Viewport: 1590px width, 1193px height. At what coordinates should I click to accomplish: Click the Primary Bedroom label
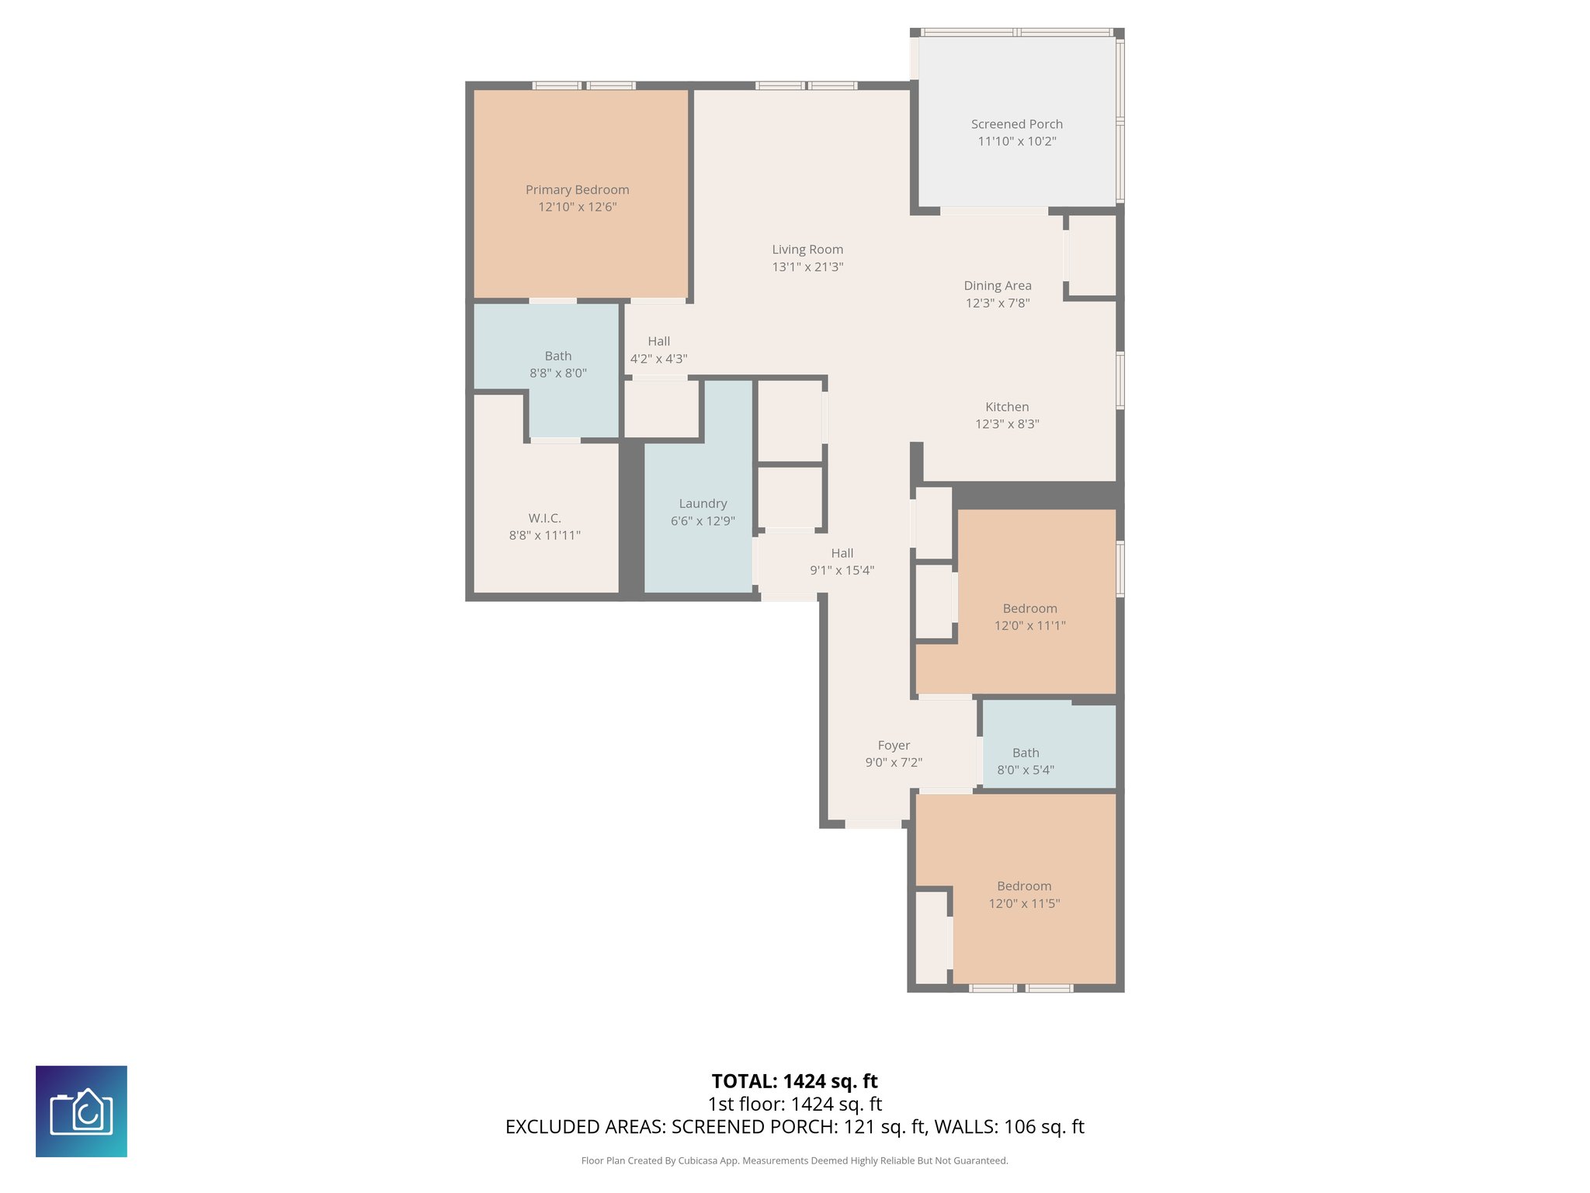577,190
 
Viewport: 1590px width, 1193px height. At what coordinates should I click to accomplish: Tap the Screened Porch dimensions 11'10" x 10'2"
1016,141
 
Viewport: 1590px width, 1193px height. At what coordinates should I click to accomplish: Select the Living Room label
807,249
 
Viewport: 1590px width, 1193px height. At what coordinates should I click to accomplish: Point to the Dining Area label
997,286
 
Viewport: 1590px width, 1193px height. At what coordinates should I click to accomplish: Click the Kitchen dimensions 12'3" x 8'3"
1006,424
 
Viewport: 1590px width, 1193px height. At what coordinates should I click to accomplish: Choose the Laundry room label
703,503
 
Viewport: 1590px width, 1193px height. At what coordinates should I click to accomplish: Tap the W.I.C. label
544,518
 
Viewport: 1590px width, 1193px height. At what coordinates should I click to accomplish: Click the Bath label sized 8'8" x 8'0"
557,356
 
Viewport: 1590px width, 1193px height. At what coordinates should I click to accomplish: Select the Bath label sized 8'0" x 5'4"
1025,753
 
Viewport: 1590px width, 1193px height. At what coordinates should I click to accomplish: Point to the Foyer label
893,745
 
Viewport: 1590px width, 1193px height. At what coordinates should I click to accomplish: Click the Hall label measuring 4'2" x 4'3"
658,341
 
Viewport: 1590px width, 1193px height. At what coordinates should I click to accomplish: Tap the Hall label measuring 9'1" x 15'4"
842,553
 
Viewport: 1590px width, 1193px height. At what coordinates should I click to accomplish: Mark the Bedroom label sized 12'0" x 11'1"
1029,608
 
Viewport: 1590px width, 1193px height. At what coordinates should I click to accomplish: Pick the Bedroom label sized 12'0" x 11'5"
1023,886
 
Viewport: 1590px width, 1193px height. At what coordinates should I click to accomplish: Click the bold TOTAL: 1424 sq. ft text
794,1081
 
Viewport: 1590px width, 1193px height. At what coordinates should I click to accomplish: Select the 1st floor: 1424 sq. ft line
794,1104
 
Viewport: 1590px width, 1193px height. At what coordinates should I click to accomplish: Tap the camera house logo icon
82,1111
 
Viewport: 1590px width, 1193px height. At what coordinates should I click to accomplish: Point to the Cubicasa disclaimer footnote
794,1160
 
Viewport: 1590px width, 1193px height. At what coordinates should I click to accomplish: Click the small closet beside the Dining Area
1092,255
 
